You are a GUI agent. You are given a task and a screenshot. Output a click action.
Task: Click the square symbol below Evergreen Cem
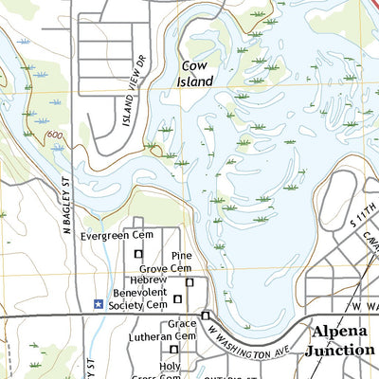click(x=138, y=254)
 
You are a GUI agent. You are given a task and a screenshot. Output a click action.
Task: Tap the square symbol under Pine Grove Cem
click(x=189, y=282)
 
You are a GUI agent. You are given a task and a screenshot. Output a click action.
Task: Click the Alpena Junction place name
click(x=338, y=340)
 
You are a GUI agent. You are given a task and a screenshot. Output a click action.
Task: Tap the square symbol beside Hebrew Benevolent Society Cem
click(x=176, y=299)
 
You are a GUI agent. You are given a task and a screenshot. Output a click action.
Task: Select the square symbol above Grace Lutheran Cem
click(x=205, y=316)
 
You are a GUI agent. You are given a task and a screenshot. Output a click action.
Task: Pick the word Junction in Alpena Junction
click(x=339, y=350)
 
